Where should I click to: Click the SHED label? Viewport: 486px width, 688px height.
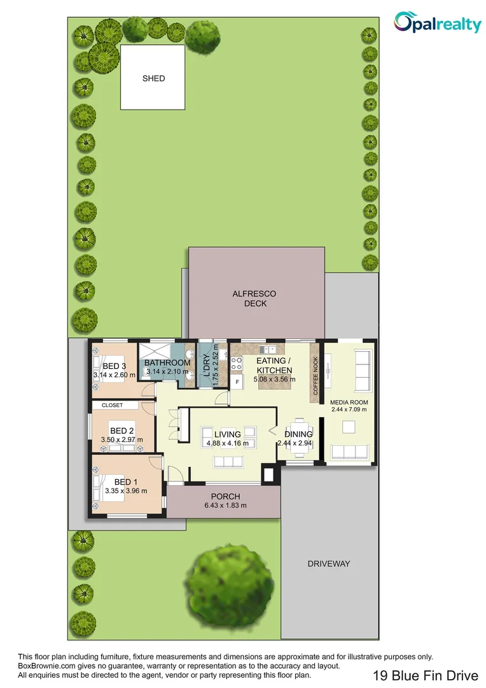point(153,78)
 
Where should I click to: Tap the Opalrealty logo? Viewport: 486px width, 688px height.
point(438,24)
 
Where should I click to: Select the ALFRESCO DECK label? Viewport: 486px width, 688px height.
point(258,298)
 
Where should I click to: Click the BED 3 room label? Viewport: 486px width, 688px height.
point(115,366)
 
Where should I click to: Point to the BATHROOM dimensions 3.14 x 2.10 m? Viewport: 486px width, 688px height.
point(168,371)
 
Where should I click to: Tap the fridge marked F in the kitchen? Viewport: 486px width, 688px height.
point(237,382)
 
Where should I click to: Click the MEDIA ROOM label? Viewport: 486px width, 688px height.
point(349,403)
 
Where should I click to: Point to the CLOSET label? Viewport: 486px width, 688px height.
point(112,405)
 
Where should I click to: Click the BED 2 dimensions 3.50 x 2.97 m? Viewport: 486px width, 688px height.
point(121,440)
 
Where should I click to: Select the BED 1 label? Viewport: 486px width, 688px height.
point(125,482)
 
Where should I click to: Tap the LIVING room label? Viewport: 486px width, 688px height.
point(227,434)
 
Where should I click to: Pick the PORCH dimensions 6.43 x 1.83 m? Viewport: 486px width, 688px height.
point(225,505)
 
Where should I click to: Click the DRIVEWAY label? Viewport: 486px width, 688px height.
point(329,564)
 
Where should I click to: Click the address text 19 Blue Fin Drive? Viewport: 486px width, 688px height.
point(420,675)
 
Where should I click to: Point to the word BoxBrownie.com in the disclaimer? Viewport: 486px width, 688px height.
point(43,666)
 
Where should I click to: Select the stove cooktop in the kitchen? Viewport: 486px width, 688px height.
point(237,363)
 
